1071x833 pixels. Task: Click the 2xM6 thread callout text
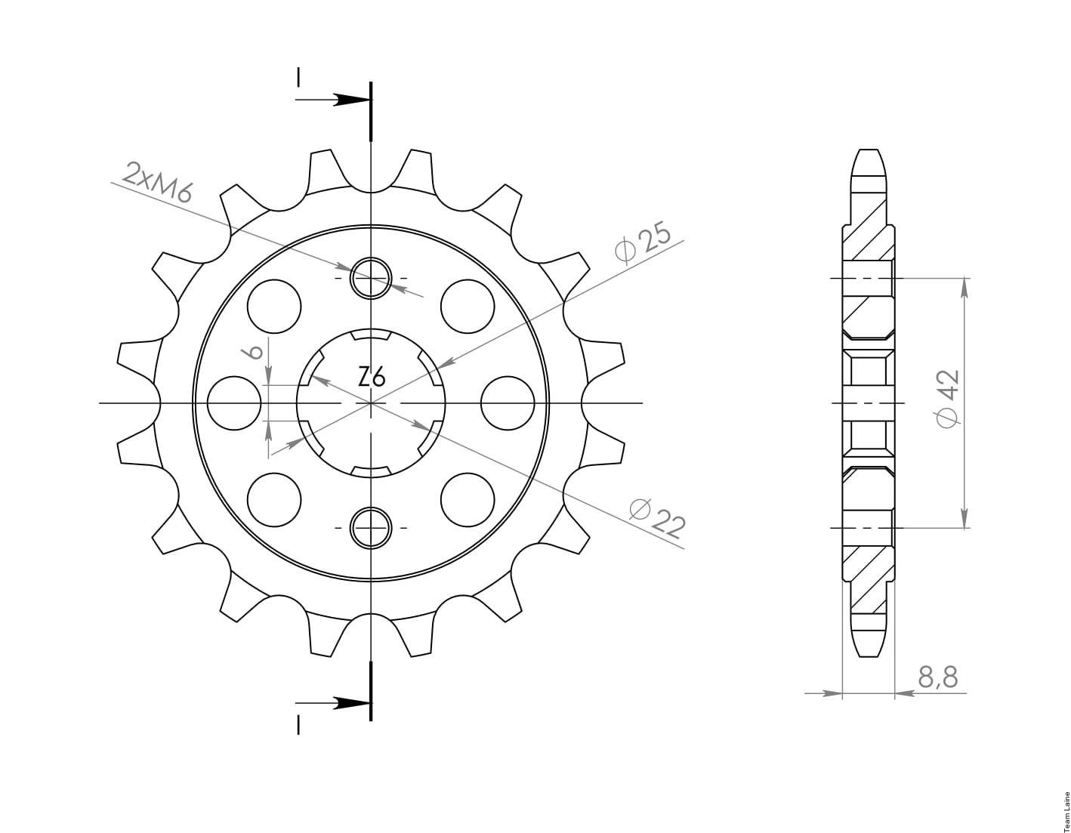(157, 183)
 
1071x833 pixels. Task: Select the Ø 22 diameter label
(658, 519)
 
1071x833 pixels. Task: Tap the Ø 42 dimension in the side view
(947, 399)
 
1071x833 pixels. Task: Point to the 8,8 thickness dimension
(938, 678)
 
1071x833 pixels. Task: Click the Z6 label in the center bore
(371, 378)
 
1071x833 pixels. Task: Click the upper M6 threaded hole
(371, 279)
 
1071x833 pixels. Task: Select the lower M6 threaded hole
(371, 528)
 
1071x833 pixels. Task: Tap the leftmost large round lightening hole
(234, 403)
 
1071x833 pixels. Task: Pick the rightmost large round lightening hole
(507, 403)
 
